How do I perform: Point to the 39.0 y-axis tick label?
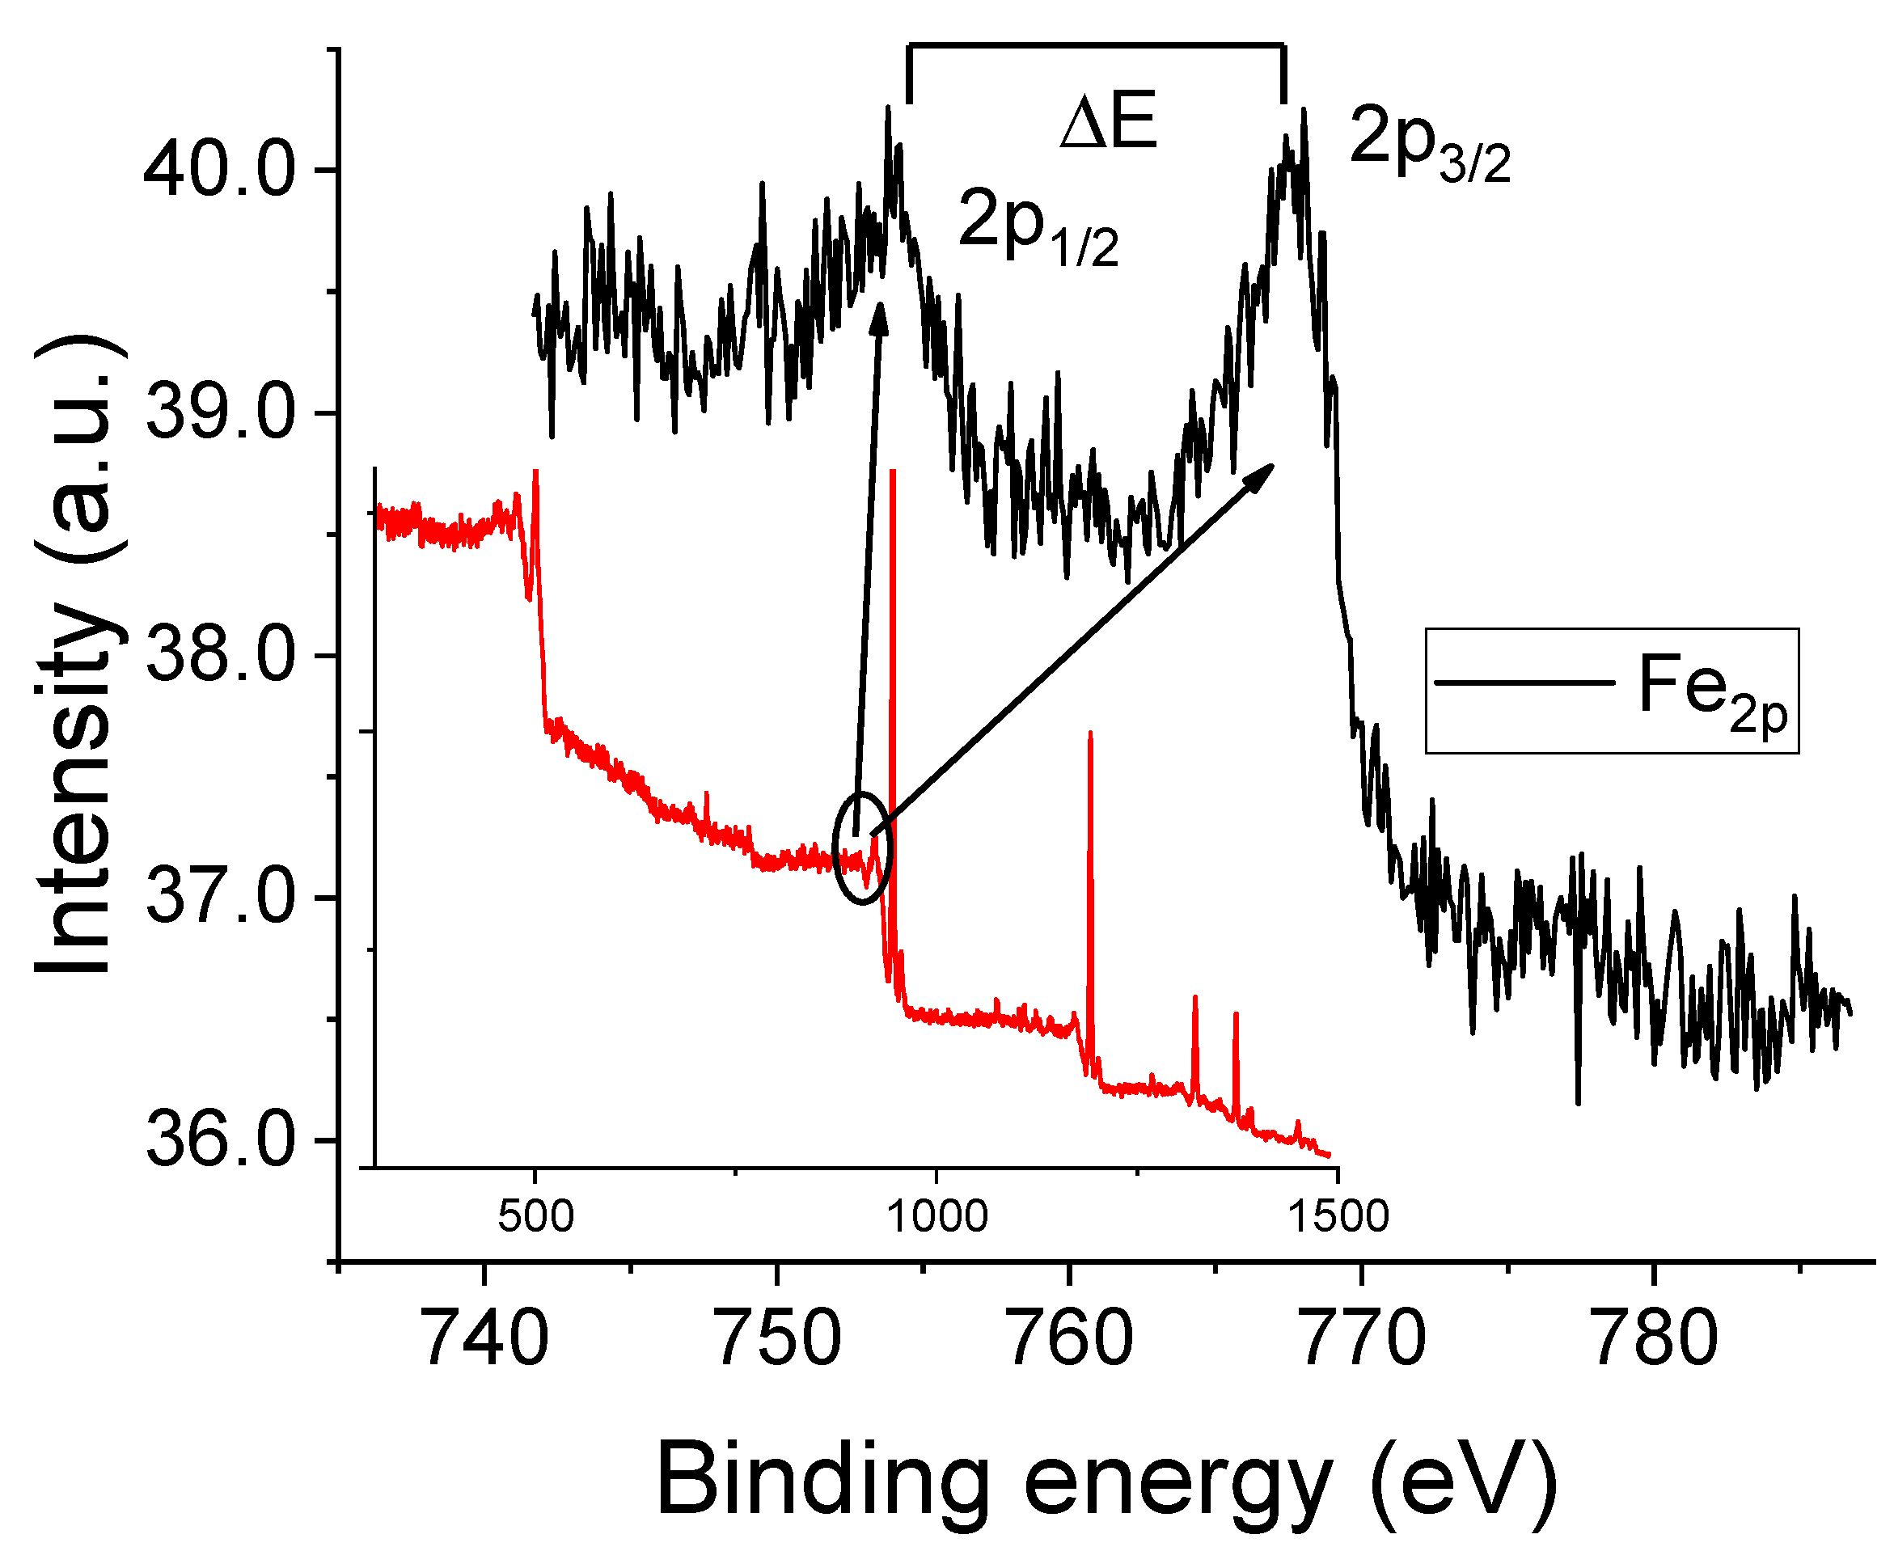(218, 412)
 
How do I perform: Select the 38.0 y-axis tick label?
(218, 656)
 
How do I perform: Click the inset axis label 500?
(535, 1217)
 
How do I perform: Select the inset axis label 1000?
(936, 1217)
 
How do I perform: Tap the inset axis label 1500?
(1338, 1217)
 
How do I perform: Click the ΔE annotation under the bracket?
(1108, 121)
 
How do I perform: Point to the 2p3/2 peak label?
(1429, 142)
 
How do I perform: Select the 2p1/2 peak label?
(1038, 226)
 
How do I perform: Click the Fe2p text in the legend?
(1712, 691)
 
